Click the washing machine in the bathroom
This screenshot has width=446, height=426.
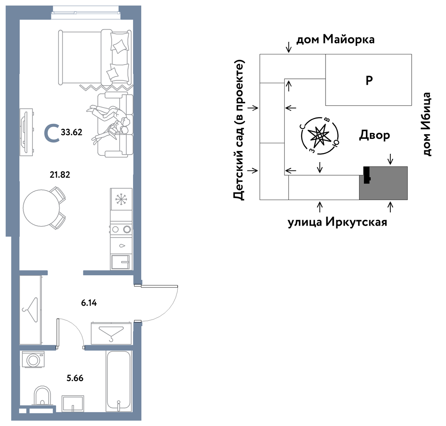point(34,359)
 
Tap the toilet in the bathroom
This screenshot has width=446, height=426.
point(42,395)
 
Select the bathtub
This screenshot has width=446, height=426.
point(119,381)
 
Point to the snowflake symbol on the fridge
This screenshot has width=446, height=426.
point(121,199)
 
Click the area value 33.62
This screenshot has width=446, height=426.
point(71,132)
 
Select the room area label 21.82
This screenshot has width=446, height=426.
point(60,174)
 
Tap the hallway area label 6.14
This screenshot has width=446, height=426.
point(89,303)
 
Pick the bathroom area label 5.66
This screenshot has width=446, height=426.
point(75,378)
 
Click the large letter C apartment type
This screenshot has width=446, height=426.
point(52,133)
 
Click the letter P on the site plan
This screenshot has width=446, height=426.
point(369,80)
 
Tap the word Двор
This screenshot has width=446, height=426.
point(374,135)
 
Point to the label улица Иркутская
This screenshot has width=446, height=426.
point(337,222)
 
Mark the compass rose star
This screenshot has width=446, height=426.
point(320,136)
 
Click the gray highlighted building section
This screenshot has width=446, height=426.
point(383,183)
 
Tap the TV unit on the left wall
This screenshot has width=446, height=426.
point(26,132)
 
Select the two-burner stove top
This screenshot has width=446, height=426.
point(121,229)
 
